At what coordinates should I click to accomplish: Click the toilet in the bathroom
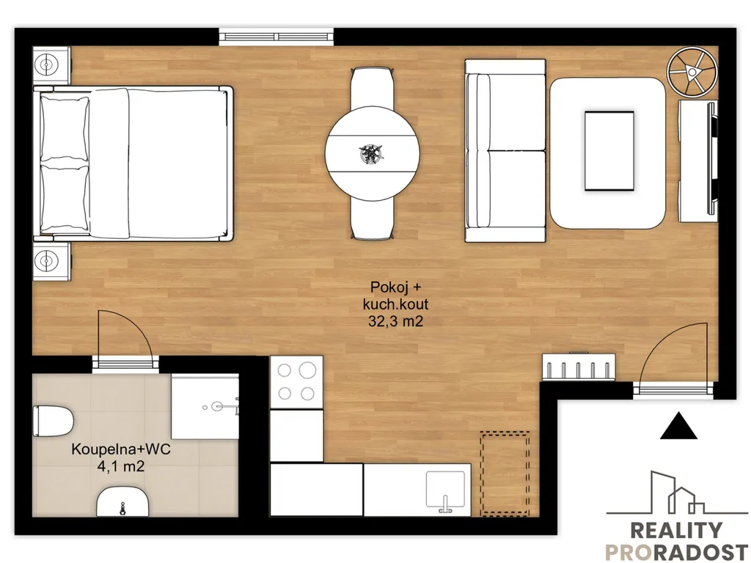click(53, 421)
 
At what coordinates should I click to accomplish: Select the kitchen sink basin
click(445, 489)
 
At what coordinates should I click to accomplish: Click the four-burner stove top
click(296, 382)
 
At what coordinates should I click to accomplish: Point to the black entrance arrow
click(678, 426)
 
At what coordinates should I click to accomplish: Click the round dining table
click(372, 153)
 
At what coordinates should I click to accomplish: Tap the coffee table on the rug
click(609, 151)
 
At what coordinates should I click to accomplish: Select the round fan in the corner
click(692, 72)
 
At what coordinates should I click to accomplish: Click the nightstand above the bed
click(51, 65)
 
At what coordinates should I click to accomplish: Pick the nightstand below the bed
click(51, 262)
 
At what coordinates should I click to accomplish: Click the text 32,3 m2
click(395, 321)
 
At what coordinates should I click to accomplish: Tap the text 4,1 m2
click(121, 466)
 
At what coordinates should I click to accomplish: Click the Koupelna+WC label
click(121, 449)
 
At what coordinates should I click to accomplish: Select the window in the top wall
click(276, 37)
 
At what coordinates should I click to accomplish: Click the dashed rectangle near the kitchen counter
click(505, 474)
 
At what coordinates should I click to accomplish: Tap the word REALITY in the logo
click(675, 531)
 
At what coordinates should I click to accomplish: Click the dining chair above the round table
click(373, 88)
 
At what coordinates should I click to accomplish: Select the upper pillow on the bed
click(65, 129)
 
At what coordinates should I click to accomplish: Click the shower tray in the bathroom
click(205, 406)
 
